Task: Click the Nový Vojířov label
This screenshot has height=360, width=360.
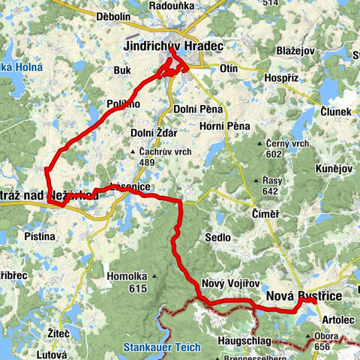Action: tap(231, 283)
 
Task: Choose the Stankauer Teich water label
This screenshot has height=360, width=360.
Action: tap(157, 347)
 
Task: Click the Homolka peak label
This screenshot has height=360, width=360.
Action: tap(127, 274)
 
